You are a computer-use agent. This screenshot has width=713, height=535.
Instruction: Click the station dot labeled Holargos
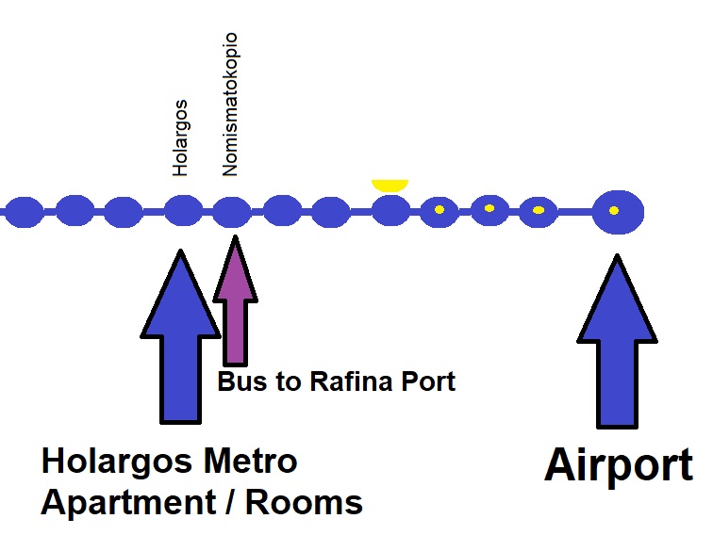[183, 210]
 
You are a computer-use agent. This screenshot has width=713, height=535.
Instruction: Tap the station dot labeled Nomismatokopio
[230, 211]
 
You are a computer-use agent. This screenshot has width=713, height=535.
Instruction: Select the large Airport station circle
[617, 211]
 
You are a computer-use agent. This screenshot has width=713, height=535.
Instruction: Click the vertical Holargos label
[181, 138]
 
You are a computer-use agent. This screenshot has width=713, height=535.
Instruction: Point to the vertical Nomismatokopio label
[229, 105]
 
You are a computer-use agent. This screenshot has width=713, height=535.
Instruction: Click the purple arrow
[234, 301]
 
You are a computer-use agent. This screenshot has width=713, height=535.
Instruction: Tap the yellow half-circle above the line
[389, 185]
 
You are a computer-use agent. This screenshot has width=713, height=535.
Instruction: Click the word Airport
[618, 466]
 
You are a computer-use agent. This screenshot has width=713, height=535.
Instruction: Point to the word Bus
[240, 381]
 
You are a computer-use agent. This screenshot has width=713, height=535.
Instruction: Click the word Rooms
[305, 502]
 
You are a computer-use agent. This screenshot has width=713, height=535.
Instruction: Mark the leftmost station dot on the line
[25, 211]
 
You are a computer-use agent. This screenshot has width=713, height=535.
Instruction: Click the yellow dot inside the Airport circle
[614, 210]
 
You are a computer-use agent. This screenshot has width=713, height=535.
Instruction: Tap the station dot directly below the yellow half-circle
[390, 210]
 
